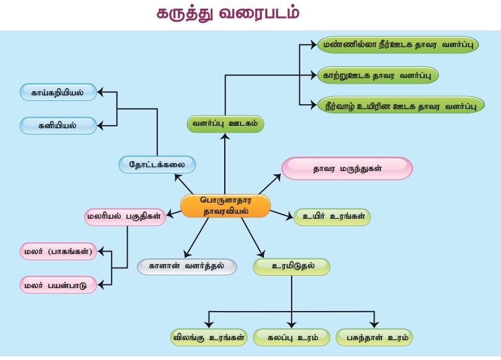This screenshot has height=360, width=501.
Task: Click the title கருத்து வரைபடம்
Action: click(x=227, y=14)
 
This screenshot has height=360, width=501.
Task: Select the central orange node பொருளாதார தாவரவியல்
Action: click(x=225, y=206)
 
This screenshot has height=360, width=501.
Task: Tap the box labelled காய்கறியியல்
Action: click(x=59, y=93)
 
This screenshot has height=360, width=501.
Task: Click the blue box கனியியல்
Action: click(x=59, y=125)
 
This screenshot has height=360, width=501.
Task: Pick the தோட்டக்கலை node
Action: click(x=157, y=164)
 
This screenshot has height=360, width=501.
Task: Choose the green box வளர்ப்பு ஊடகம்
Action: click(x=225, y=124)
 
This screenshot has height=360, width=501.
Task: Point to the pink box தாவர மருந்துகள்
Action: click(x=347, y=168)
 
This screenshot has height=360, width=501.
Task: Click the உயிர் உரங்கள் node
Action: click(x=332, y=217)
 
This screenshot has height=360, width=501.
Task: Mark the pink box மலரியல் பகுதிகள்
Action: click(x=125, y=216)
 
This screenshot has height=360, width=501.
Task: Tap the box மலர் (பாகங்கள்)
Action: click(x=59, y=252)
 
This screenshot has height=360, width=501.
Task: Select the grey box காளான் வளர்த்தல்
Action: click(x=186, y=266)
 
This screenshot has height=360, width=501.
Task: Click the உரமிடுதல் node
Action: click(x=291, y=266)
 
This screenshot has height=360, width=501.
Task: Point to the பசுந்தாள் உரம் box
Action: click(x=374, y=338)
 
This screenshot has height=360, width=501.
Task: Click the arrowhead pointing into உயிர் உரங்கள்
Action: click(x=290, y=217)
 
